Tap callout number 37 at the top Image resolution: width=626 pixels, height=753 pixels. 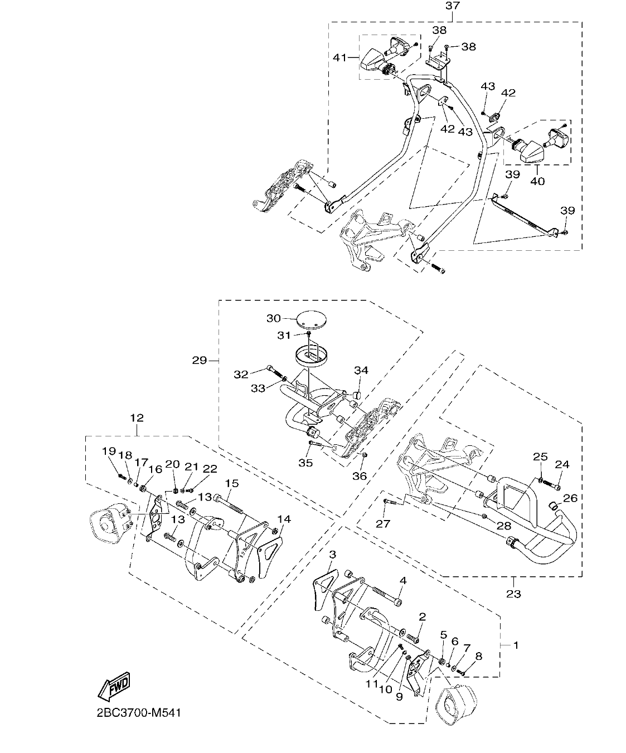(452, 6)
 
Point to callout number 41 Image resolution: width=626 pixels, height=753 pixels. (339, 57)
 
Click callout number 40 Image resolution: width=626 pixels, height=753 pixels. (537, 181)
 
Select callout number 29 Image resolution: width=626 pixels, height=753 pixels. (200, 361)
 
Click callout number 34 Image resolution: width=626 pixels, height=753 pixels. (361, 371)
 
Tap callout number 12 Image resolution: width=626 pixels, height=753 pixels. (137, 417)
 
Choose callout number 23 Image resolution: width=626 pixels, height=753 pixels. (513, 594)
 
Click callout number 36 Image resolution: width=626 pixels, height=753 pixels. (360, 475)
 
